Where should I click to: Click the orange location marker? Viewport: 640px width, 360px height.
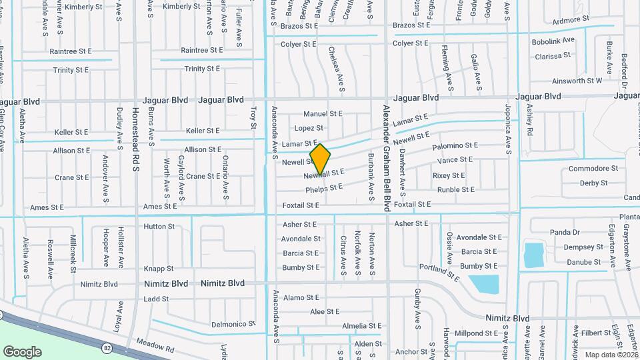pos(320,159)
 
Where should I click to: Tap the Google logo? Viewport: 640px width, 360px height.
pos(22,351)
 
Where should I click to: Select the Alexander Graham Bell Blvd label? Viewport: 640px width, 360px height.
pos(386,158)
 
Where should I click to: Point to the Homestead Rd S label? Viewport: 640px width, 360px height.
pos(135,139)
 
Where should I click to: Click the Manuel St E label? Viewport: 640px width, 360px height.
pos(323,114)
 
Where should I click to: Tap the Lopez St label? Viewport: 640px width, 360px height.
pos(309,128)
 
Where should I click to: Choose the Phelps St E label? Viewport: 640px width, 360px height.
pos(324,189)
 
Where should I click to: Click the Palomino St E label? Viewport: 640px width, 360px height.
pos(455,145)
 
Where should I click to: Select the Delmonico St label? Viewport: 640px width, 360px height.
pos(233,324)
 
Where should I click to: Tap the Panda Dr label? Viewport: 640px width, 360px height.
pos(565,232)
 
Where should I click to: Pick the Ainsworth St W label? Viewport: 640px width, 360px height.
pos(577,81)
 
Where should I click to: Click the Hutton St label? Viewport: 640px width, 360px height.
pos(159,227)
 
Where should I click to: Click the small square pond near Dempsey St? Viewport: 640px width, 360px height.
pos(534,255)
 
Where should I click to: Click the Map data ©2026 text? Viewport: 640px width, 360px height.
pos(611,355)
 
